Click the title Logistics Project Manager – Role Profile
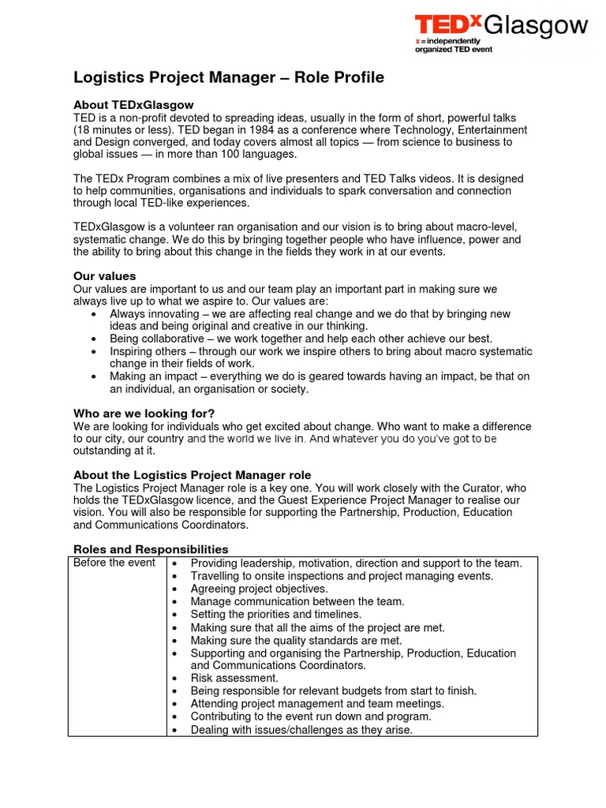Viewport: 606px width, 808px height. (x=229, y=77)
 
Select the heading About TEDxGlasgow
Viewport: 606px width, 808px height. (x=133, y=105)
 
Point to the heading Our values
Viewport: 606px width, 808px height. (x=104, y=276)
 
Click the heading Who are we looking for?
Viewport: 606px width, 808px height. (x=144, y=413)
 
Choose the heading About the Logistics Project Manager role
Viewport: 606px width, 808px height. (x=192, y=475)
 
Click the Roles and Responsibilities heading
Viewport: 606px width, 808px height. (x=151, y=549)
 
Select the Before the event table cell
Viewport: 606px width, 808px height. (x=114, y=563)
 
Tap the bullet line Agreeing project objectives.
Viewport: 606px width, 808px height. (x=259, y=589)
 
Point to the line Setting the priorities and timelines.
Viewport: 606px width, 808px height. (x=276, y=614)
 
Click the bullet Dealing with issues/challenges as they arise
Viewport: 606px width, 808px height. (x=301, y=730)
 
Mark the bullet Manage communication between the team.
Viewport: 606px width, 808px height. (x=297, y=601)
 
